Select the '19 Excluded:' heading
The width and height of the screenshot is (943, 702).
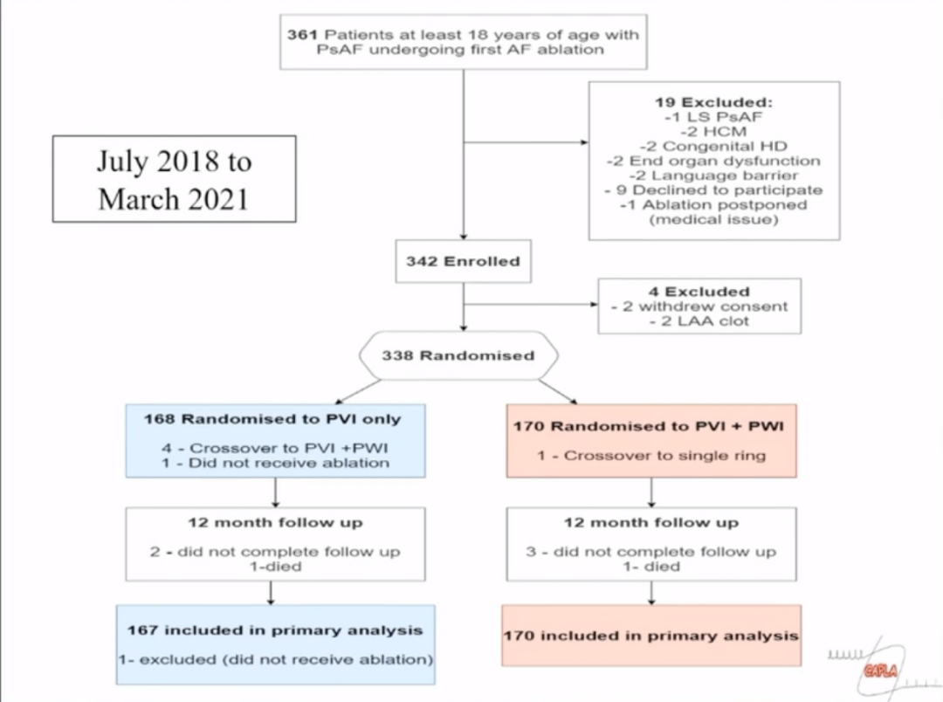pyautogui.click(x=714, y=102)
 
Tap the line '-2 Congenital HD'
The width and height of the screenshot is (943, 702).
pyautogui.click(x=713, y=146)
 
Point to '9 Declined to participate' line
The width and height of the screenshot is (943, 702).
pyautogui.click(x=715, y=189)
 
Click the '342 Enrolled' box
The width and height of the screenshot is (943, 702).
pyautogui.click(x=462, y=261)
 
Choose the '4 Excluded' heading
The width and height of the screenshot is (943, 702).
pyautogui.click(x=699, y=292)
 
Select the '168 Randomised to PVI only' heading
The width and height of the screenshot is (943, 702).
pyautogui.click(x=272, y=419)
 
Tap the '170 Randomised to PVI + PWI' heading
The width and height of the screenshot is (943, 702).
pyautogui.click(x=650, y=427)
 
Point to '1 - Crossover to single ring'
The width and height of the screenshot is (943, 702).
pyautogui.click(x=651, y=456)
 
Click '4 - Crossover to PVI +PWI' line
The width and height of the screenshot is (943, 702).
pyautogui.click(x=275, y=448)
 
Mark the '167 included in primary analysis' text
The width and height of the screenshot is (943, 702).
pyautogui.click(x=275, y=630)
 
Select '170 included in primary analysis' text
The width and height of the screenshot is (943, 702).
pyautogui.click(x=651, y=636)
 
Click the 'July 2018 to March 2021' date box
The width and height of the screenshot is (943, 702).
pyautogui.click(x=174, y=180)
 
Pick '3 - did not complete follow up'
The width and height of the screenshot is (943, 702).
pyautogui.click(x=651, y=552)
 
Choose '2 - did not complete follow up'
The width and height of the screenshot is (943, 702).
pyautogui.click(x=275, y=552)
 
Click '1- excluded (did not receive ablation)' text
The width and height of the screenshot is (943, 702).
pyautogui.click(x=275, y=659)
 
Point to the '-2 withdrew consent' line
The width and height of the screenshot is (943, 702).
pyautogui.click(x=699, y=306)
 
